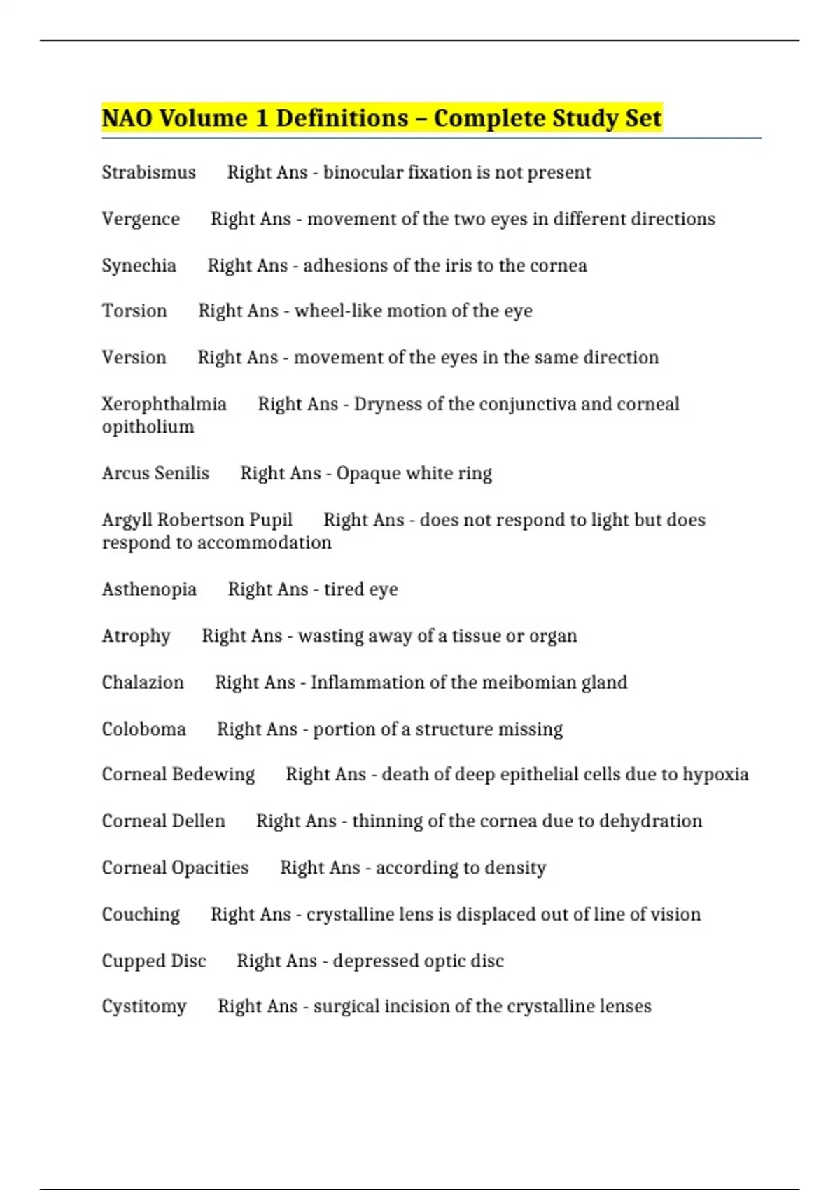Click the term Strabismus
(148, 172)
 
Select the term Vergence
(141, 219)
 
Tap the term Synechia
(139, 266)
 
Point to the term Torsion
(134, 311)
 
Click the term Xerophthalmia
(164, 404)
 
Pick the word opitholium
(148, 427)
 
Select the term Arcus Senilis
(155, 473)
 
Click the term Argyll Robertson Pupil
(197, 520)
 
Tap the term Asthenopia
(149, 589)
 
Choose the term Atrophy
(136, 636)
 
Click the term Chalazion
(143, 682)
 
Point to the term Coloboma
(143, 729)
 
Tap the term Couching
(141, 914)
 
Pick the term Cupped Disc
(154, 961)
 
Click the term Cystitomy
(144, 1007)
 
